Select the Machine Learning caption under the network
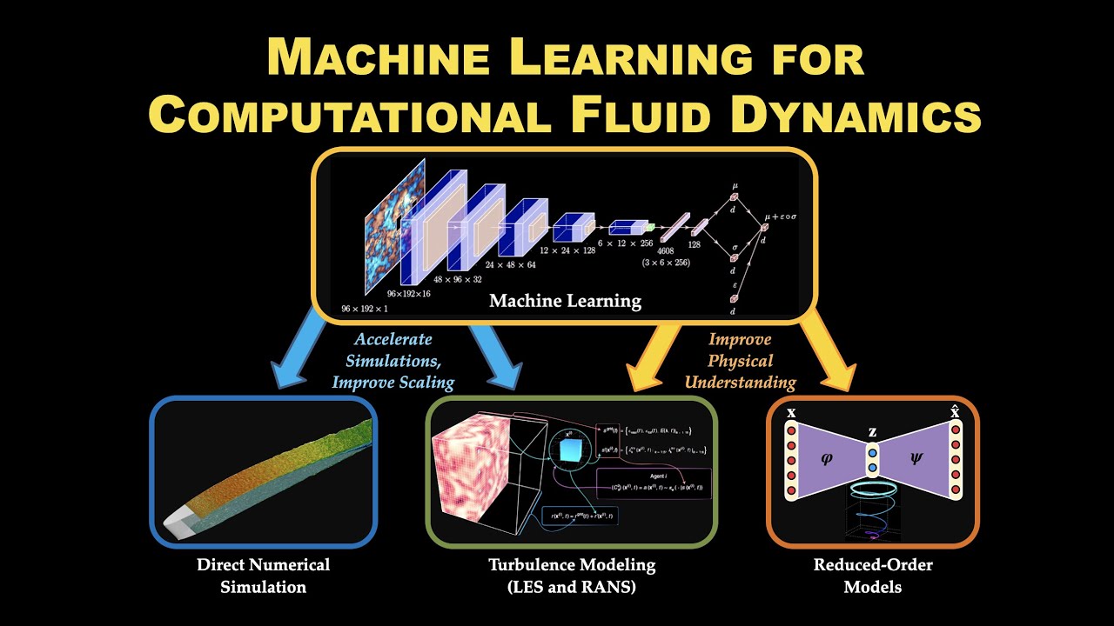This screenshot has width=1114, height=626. (565, 302)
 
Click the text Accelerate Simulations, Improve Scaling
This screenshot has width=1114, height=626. (393, 360)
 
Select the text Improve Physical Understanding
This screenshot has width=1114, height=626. (740, 360)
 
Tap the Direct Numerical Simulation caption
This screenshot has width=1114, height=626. (263, 576)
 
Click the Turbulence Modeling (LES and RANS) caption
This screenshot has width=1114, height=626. (572, 576)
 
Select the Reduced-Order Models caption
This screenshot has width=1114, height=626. (873, 576)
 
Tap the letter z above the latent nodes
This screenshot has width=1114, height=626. (872, 432)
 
